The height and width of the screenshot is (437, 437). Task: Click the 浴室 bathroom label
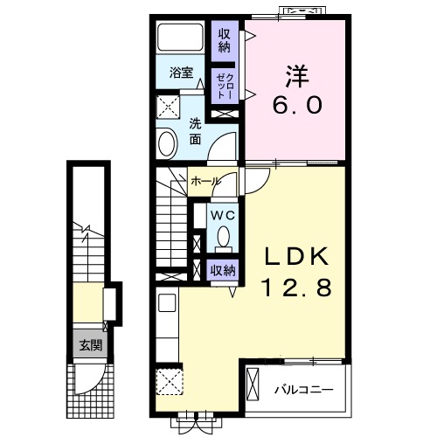181,73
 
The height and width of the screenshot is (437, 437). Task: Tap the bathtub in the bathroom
180,37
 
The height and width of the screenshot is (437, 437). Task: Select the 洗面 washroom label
195,132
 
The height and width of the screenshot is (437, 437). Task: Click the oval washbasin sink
167,144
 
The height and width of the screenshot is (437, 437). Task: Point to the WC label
223,216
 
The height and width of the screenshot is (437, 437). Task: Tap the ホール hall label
205,181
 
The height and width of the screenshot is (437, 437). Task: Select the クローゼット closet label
225,86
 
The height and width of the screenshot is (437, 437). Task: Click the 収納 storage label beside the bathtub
225,41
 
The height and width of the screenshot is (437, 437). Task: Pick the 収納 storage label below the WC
223,271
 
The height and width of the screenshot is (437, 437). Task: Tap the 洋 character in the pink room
297,76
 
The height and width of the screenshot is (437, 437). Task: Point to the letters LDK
297,255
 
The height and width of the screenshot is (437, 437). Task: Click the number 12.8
297,287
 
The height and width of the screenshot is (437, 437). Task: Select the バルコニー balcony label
303,390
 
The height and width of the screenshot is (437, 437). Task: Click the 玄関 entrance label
91,345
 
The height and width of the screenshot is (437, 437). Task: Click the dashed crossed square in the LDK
170,382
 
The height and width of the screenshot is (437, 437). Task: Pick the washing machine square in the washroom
168,108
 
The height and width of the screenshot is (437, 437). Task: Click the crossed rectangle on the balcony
253,385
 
